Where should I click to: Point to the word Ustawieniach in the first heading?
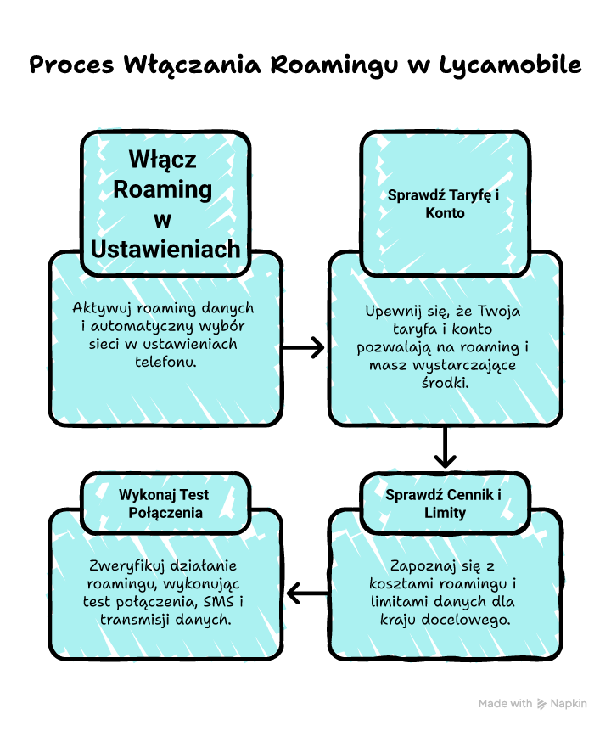click(x=165, y=248)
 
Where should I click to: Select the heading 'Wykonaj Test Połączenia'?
click(x=165, y=503)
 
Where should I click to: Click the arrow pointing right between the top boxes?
click(x=304, y=346)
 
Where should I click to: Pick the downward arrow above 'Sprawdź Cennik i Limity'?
click(x=445, y=448)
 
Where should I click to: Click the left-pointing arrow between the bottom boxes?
click(x=306, y=592)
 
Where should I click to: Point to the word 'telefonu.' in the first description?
click(x=165, y=362)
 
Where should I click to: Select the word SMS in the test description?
click(x=212, y=602)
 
